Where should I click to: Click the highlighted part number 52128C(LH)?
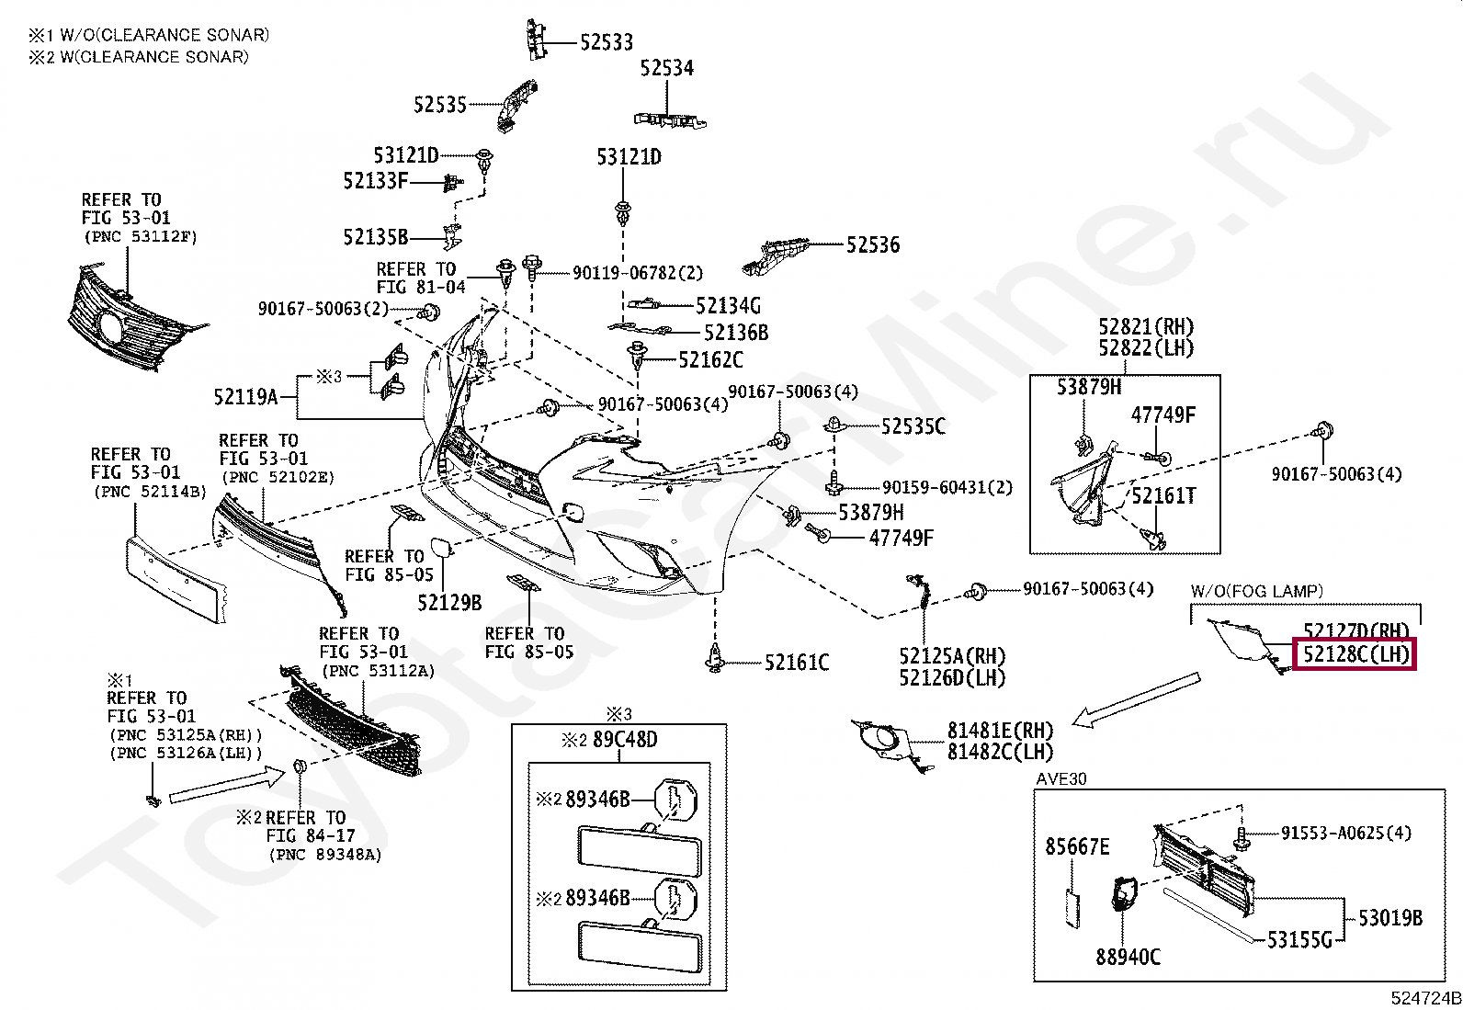(1355, 654)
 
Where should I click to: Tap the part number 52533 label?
(607, 42)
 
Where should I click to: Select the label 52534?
(667, 68)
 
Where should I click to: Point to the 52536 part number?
(873, 245)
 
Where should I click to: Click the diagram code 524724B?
(1425, 998)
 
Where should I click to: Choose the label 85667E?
(1077, 846)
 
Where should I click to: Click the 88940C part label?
(1128, 957)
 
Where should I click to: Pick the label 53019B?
(1390, 918)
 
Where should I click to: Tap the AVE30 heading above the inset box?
(1061, 779)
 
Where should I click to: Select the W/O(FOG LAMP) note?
(1256, 591)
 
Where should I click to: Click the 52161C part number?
(797, 663)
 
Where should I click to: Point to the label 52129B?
(449, 602)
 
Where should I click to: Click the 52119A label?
(246, 396)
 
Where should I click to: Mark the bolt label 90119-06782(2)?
(638, 272)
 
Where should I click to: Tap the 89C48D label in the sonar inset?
(625, 740)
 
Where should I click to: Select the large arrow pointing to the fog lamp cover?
(1136, 700)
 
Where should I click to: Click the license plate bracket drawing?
(176, 577)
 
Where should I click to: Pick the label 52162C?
(710, 360)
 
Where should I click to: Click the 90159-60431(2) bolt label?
(947, 487)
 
